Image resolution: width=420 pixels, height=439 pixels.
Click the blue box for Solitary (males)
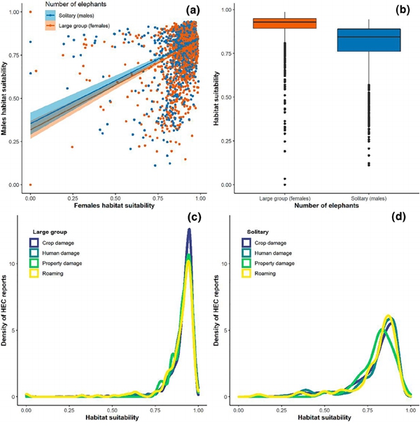tap(360, 40)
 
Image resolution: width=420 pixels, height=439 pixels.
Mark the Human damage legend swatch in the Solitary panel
tap(245, 253)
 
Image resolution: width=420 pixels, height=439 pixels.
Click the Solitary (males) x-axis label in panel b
tap(360, 199)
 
